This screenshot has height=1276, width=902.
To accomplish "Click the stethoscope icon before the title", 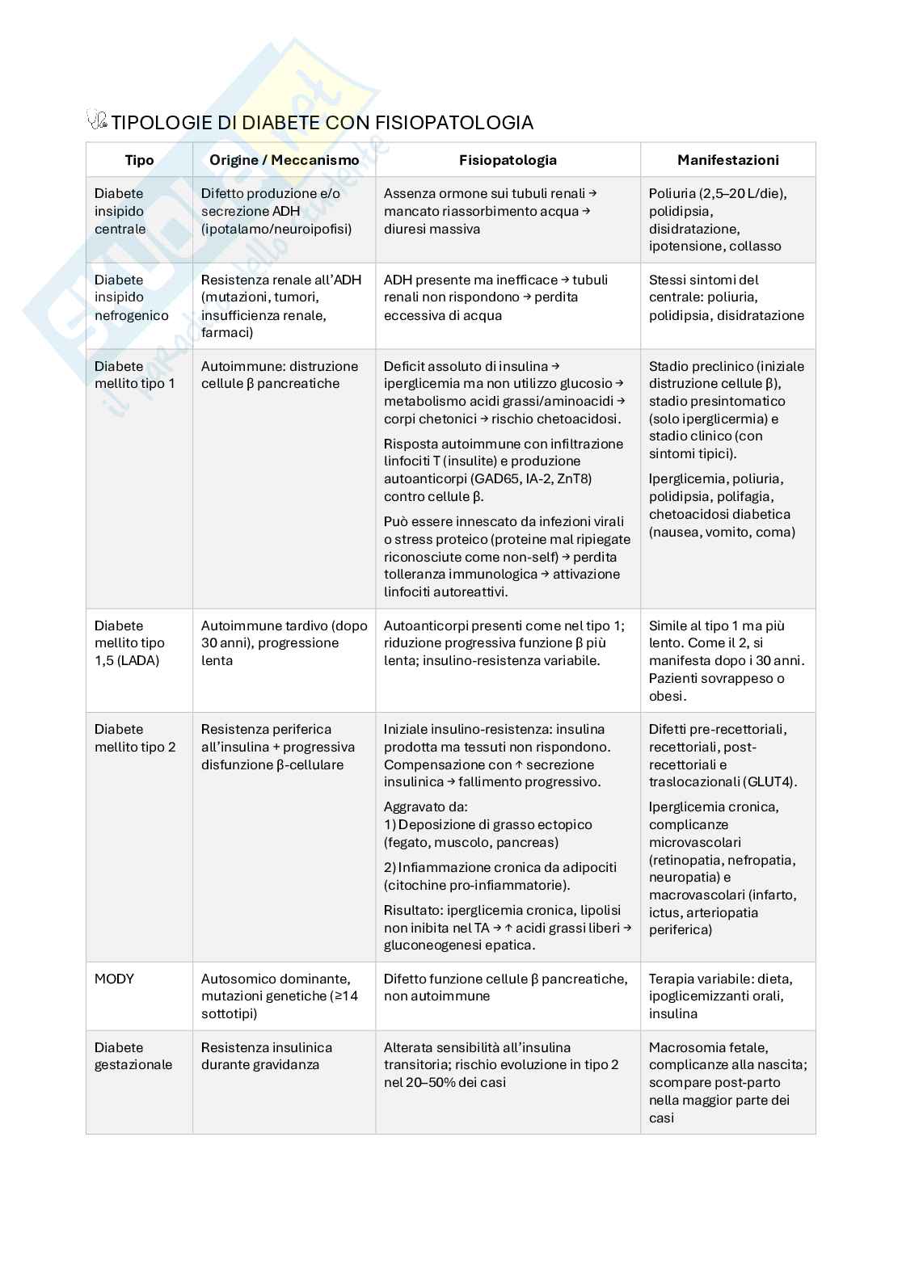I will tap(96, 120).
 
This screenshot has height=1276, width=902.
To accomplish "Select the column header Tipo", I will tap(139, 160).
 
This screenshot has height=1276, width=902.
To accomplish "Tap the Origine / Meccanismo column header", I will tap(284, 160).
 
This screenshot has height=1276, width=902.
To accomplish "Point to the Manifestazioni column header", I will tap(727, 160).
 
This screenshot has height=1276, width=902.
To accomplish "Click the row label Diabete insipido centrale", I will tap(120, 211).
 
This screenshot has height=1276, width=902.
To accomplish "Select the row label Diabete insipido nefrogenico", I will tap(131, 297).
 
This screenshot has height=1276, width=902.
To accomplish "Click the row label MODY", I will tap(114, 979).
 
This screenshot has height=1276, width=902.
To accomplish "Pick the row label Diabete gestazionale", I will tap(133, 1056).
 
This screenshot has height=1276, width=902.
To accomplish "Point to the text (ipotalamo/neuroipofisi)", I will tap(276, 229).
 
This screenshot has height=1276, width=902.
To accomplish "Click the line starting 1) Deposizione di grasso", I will tap(488, 825).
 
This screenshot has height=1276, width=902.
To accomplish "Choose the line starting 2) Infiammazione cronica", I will tap(499, 868).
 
